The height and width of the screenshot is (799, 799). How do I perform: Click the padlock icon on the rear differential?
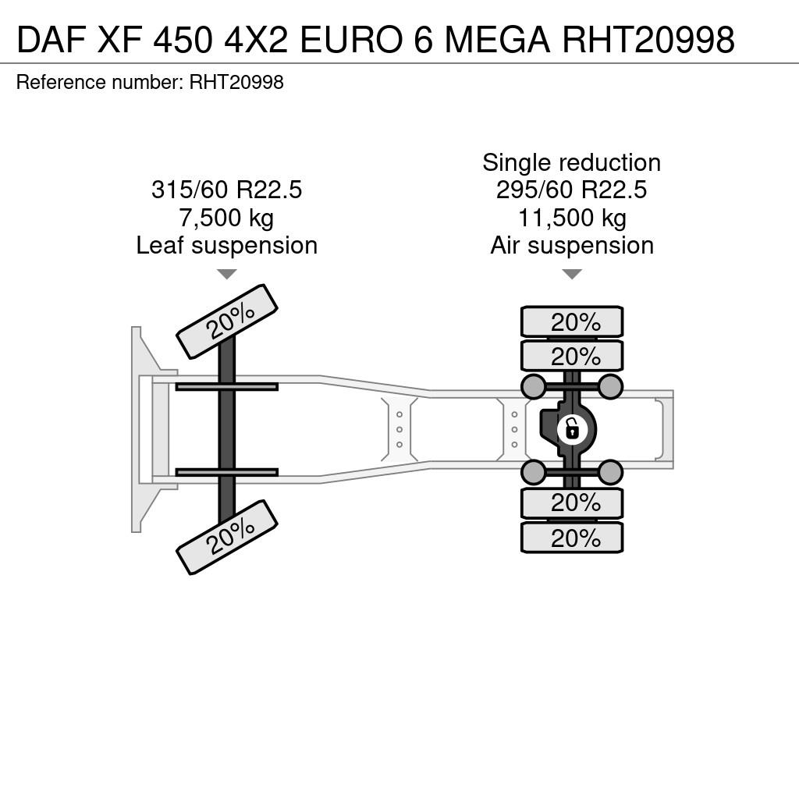tap(572, 429)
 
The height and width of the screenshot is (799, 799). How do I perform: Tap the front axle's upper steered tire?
tap(227, 321)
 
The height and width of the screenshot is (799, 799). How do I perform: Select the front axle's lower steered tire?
tap(227, 537)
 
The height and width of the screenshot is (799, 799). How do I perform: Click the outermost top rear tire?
tap(572, 322)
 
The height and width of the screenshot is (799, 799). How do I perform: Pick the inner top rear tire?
tap(572, 356)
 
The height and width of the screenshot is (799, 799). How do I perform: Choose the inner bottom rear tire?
tap(572, 503)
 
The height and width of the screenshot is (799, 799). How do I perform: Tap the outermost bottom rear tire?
tap(572, 537)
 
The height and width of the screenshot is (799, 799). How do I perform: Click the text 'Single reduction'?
tap(572, 163)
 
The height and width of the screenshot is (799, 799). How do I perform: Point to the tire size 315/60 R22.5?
tap(227, 190)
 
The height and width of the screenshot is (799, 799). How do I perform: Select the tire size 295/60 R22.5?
tap(572, 190)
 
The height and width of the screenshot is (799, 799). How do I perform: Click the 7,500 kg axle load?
tap(227, 218)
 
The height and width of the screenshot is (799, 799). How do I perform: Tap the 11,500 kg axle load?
tap(572, 218)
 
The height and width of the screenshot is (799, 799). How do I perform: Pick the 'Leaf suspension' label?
tap(227, 246)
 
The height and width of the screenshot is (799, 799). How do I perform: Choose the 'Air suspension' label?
tap(572, 246)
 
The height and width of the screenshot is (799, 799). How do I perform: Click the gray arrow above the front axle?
tap(227, 274)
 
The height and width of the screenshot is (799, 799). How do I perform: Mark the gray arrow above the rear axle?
tap(572, 274)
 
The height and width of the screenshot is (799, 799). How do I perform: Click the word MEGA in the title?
tap(497, 39)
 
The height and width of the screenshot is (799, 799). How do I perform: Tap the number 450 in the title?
tap(182, 39)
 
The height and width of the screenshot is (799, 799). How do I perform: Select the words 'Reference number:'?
tap(100, 83)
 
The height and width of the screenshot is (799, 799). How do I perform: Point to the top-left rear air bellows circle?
tap(534, 386)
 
